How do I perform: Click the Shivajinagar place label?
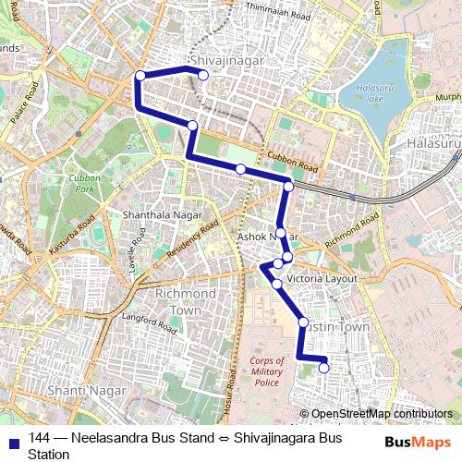click(x=226, y=60)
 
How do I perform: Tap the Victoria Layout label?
click(x=322, y=278)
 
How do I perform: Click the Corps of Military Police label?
click(x=266, y=371)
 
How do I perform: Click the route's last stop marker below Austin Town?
click(x=324, y=368)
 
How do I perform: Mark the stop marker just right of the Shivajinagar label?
click(x=204, y=75)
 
